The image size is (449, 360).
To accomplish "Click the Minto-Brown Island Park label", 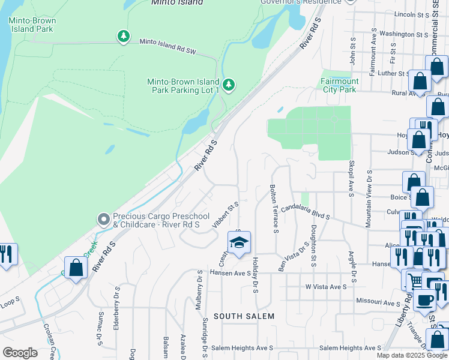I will [x=32, y=25].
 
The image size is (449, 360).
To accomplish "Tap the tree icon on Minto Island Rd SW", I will [x=123, y=36].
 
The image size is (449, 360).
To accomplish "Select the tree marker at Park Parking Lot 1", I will [x=228, y=85].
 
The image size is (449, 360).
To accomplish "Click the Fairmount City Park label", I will [x=339, y=85].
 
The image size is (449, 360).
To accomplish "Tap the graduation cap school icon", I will [x=238, y=243].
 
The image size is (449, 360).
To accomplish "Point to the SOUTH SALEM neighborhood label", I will [x=244, y=316].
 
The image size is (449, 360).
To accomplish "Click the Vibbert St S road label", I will [x=226, y=216].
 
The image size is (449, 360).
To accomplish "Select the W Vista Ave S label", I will [x=325, y=287].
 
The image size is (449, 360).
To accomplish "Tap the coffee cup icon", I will [x=425, y=300].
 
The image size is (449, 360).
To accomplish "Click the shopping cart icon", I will [x=414, y=280].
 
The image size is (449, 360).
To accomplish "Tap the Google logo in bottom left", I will [x=20, y=353].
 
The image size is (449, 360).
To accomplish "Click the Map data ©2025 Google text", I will [x=411, y=355].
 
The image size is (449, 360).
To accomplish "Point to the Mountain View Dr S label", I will [x=370, y=193].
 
